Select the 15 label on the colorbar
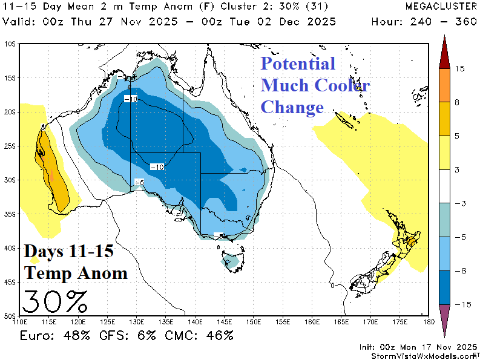tap(459, 69)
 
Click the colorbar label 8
tap(458, 103)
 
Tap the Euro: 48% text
tap(51, 335)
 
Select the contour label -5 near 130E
tap(139, 182)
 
